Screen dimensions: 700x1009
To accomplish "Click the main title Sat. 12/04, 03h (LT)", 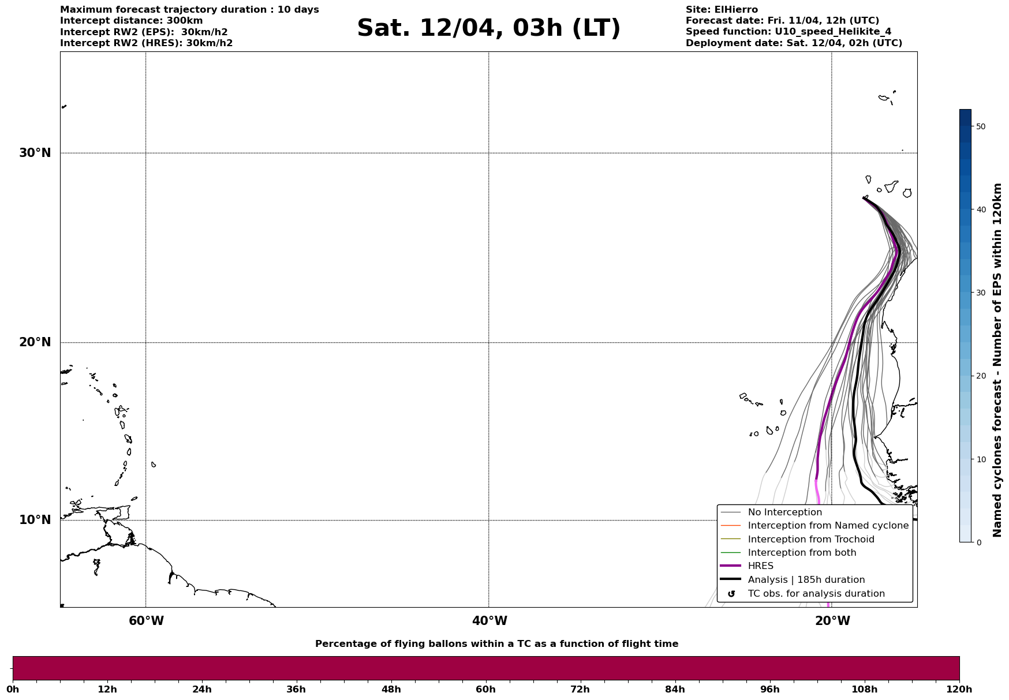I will [x=488, y=29].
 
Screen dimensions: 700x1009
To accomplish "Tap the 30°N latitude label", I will [x=35, y=153].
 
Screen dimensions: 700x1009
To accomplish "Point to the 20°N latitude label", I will [x=35, y=342].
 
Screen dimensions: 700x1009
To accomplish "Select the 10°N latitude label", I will [x=35, y=520].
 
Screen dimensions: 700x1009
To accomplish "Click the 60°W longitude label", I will [x=146, y=621].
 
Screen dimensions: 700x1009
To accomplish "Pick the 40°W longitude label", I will [x=489, y=621].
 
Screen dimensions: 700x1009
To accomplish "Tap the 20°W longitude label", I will [x=832, y=621].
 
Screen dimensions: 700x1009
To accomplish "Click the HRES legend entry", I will [x=760, y=566].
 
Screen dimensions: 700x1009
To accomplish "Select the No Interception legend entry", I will [x=784, y=512].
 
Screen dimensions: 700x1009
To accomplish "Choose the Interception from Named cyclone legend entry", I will [x=828, y=526].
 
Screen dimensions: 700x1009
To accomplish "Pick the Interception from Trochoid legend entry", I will [x=810, y=540].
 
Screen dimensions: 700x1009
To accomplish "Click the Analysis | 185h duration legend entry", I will [x=806, y=580].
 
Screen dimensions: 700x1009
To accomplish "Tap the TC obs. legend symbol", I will [x=731, y=594].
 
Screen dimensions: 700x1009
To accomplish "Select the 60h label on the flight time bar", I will [x=485, y=690].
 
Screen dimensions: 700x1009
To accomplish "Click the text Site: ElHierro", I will [x=722, y=10].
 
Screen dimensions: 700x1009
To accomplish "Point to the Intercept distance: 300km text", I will [x=132, y=21].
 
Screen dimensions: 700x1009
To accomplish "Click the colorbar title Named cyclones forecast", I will [x=997, y=360].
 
